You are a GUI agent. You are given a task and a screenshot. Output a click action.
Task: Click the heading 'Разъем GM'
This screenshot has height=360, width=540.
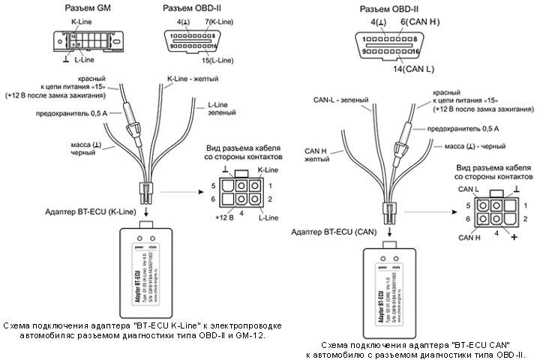pyautogui.click(x=82, y=8)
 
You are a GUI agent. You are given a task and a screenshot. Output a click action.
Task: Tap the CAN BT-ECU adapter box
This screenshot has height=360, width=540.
pyautogui.click(x=391, y=289)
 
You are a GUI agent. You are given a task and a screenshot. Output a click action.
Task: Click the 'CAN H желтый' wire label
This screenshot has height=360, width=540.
pyautogui.click(x=319, y=154)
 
